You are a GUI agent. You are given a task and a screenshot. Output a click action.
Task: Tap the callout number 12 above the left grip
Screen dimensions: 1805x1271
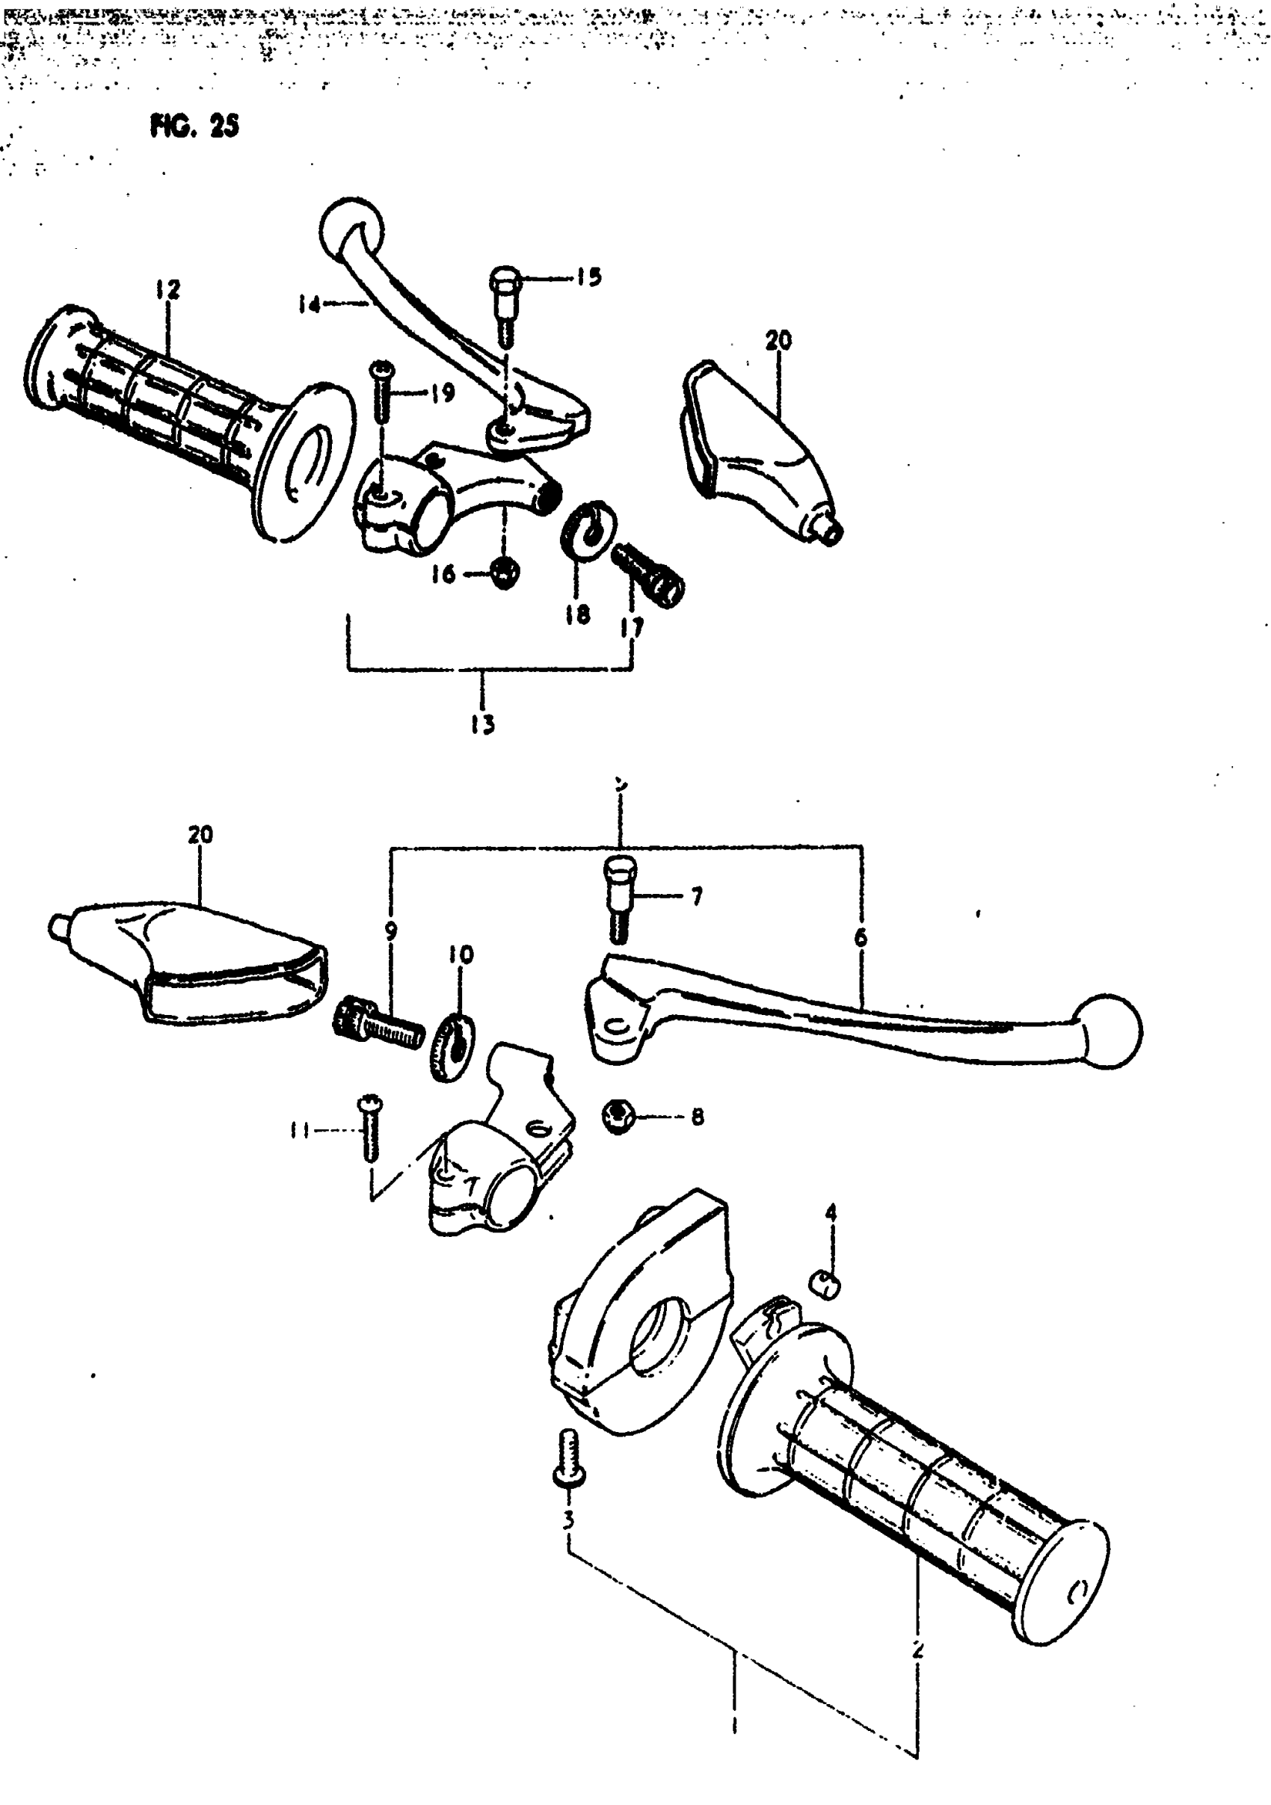tap(167, 289)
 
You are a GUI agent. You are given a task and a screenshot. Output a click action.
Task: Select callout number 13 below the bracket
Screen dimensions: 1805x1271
tap(483, 724)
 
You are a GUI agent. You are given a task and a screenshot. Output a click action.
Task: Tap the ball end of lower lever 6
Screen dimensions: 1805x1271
tap(1110, 1031)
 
